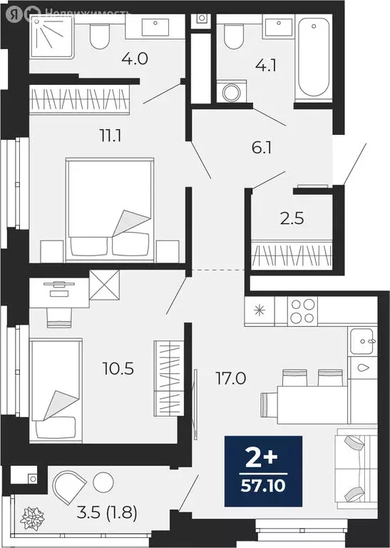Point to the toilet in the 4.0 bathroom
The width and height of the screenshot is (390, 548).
pyautogui.click(x=100, y=35)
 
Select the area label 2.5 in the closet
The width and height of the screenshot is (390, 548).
pyautogui.click(x=292, y=218)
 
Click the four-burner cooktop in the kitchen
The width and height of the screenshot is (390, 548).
pyautogui.click(x=302, y=311)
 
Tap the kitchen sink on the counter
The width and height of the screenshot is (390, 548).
pyautogui.click(x=362, y=341)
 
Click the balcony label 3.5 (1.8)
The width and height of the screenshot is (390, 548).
pyautogui.click(x=107, y=512)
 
